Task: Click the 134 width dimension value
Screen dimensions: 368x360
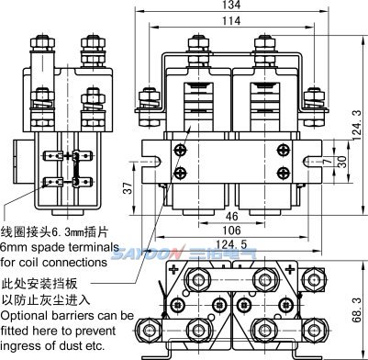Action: coord(231,5)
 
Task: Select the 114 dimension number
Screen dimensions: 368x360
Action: coord(231,21)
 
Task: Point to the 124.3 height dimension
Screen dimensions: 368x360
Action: coord(358,126)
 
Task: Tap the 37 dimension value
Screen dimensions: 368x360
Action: coord(128,188)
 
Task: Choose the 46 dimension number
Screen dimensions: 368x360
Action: coord(231,217)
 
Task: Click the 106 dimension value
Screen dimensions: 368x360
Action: coord(231,231)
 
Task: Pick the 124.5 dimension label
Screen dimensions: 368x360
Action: coord(231,244)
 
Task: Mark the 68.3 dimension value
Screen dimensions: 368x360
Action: coord(357,310)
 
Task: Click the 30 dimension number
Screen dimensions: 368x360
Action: coord(343,162)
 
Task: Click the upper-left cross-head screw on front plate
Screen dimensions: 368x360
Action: coord(180,151)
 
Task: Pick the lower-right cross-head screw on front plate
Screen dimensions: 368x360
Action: coord(284,174)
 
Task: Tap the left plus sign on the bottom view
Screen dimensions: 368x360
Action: coord(173,270)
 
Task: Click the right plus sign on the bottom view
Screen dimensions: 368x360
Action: coord(289,270)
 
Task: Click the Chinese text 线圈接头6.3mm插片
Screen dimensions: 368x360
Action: coord(54,232)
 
